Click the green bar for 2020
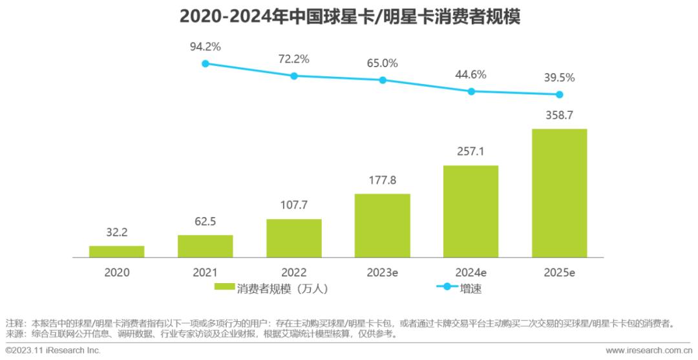click(x=116, y=251)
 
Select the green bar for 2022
click(x=294, y=238)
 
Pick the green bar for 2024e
click(x=471, y=211)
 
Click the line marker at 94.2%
click(x=206, y=63)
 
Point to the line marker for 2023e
click(x=383, y=80)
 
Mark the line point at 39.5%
click(x=560, y=94)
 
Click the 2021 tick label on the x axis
click(x=206, y=272)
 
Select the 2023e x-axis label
click(x=383, y=272)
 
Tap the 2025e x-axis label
click(x=560, y=272)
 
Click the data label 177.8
click(x=383, y=180)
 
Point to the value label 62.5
click(x=206, y=222)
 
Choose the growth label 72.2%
click(x=294, y=59)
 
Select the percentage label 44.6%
click(x=471, y=74)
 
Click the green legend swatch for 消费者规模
click(x=224, y=288)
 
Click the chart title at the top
click(x=349, y=16)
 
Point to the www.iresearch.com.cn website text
click(x=648, y=350)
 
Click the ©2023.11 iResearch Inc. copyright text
click(x=53, y=350)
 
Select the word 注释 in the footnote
click(x=15, y=323)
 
